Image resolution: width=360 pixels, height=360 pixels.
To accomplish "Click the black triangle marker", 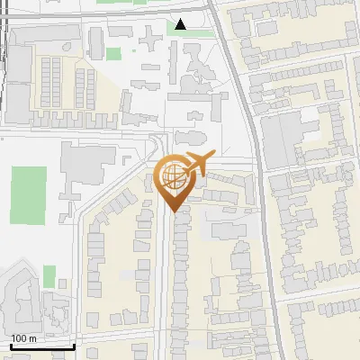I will (182, 24).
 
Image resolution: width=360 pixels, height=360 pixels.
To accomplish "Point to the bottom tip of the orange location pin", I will (173, 211).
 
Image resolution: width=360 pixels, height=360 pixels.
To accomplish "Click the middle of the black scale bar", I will (41, 346).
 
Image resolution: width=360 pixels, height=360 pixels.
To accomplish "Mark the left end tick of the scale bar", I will (11, 346).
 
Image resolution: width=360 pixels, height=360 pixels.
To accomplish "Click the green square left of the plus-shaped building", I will (113, 54).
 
